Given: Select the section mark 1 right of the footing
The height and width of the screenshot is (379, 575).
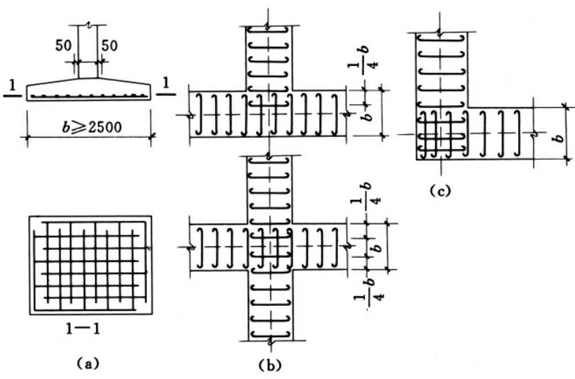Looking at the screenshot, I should click(x=165, y=84).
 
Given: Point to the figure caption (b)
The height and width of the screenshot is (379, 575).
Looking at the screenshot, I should click(x=270, y=366).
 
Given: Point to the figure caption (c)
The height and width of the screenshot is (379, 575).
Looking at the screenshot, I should click(x=440, y=190).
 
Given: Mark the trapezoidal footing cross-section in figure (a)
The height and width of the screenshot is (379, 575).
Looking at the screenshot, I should click(x=88, y=91).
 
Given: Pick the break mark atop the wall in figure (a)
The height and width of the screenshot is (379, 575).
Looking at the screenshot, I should click(x=88, y=26).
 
